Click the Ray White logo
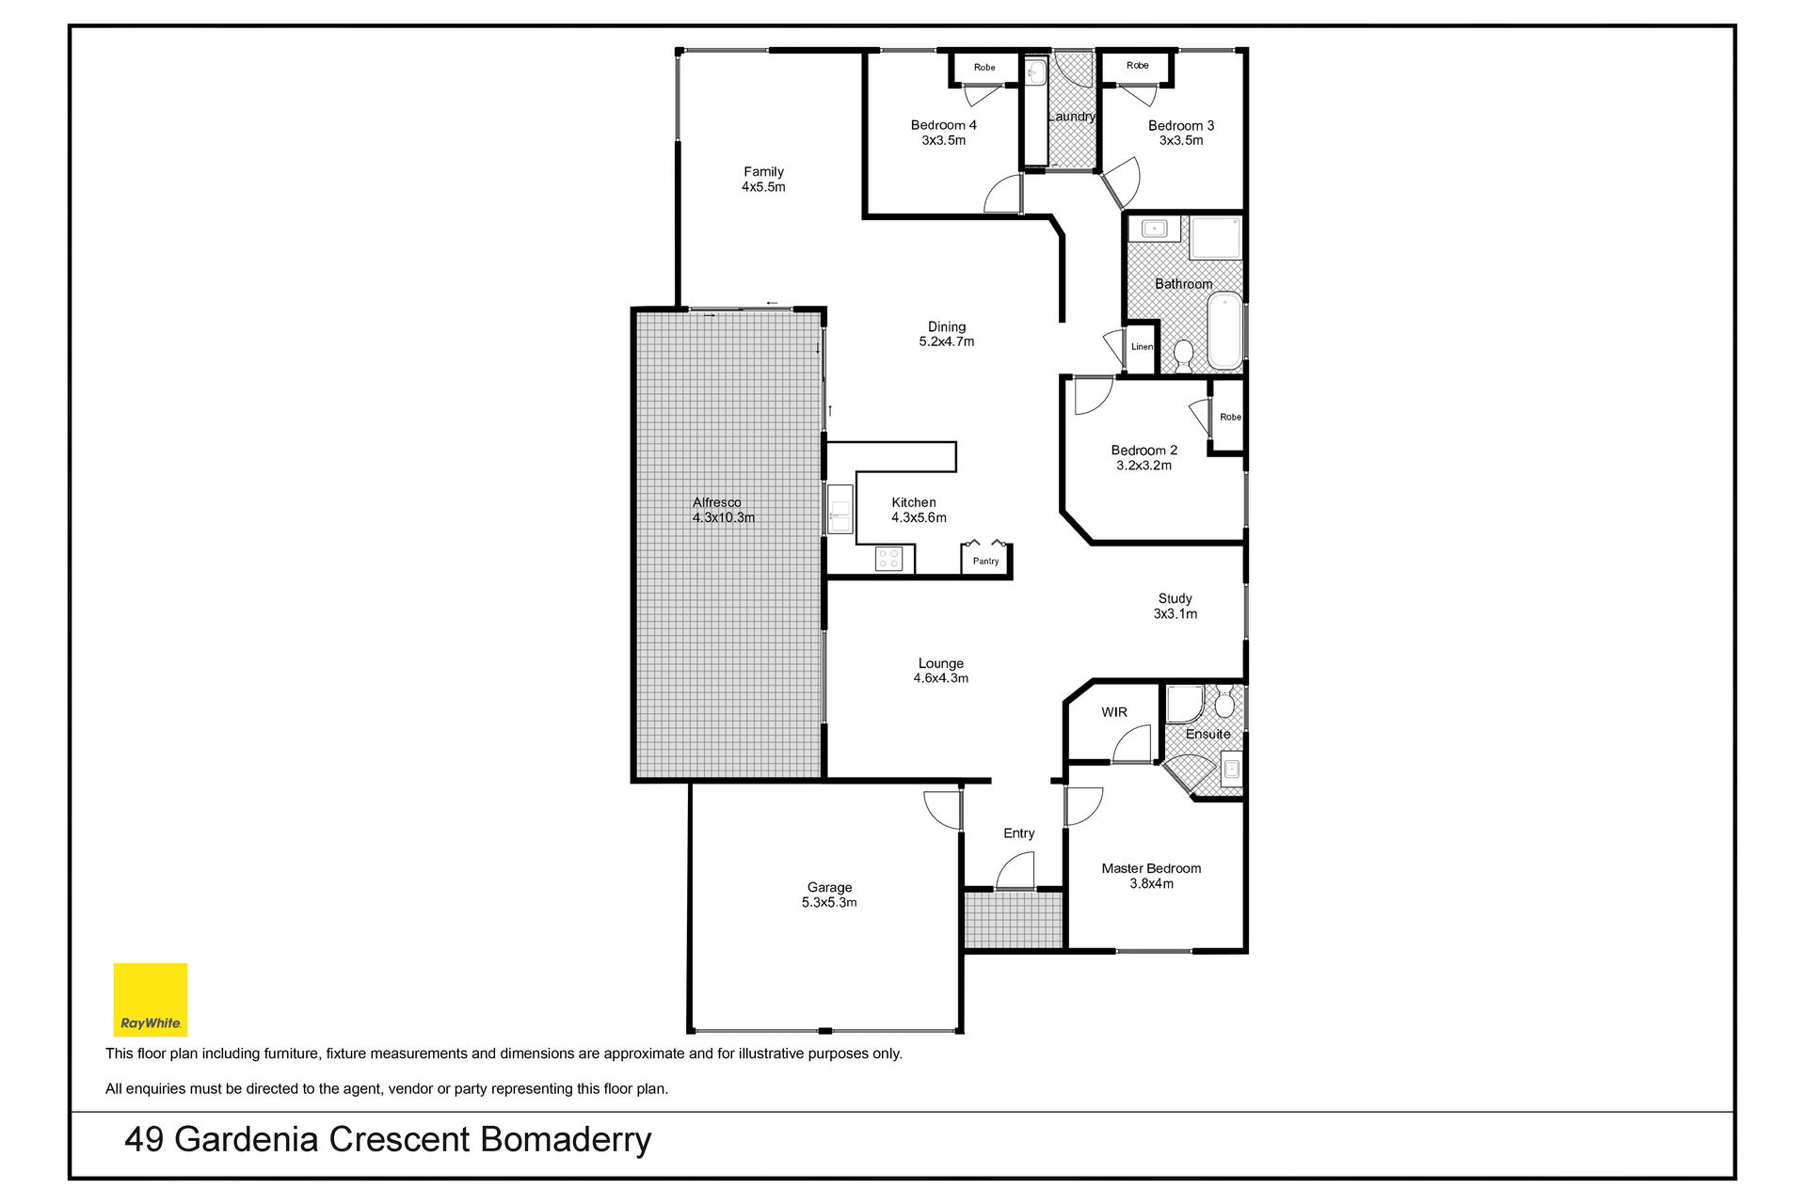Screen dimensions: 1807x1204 (151, 999)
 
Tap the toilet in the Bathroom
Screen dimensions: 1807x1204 (1183, 356)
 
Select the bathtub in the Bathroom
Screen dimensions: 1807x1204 (1224, 330)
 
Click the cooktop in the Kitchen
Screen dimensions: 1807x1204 (888, 559)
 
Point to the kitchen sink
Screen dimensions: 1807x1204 (840, 509)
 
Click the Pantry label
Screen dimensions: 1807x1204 (985, 562)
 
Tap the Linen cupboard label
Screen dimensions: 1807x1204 (1142, 347)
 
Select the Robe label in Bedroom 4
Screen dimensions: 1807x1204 (984, 68)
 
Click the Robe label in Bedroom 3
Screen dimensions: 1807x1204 (1137, 66)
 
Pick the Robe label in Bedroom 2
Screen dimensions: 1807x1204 (1230, 417)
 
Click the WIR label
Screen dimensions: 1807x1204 (1114, 712)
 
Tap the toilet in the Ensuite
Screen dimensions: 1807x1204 (1224, 702)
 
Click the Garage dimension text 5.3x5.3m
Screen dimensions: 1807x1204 (829, 903)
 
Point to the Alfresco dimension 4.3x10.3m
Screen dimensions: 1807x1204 (724, 517)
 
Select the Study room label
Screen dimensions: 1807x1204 (1175, 599)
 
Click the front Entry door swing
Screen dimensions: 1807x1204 (1015, 870)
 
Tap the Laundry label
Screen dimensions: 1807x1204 (1072, 117)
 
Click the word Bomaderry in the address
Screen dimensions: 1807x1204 (566, 1140)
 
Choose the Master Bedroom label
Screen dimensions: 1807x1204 (1151, 869)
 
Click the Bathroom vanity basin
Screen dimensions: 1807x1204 (1154, 229)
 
